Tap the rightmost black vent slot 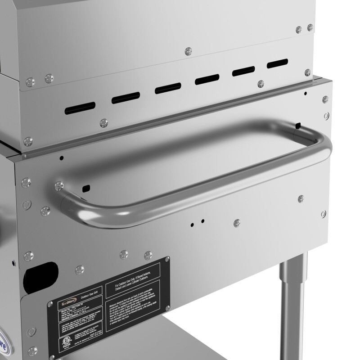pyautogui.click(x=277, y=63)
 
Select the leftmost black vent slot pyautogui.click(x=81, y=107)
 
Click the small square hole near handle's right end pyautogui.click(x=297, y=124)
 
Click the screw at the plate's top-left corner pyautogui.click(x=49, y=305)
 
